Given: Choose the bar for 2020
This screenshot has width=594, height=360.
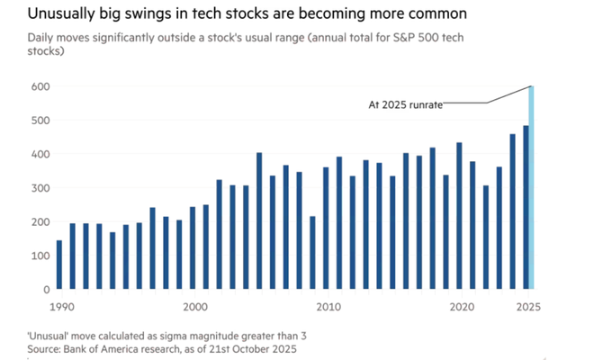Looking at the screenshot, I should (x=460, y=216).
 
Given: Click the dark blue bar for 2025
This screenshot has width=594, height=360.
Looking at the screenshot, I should (x=526, y=207).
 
